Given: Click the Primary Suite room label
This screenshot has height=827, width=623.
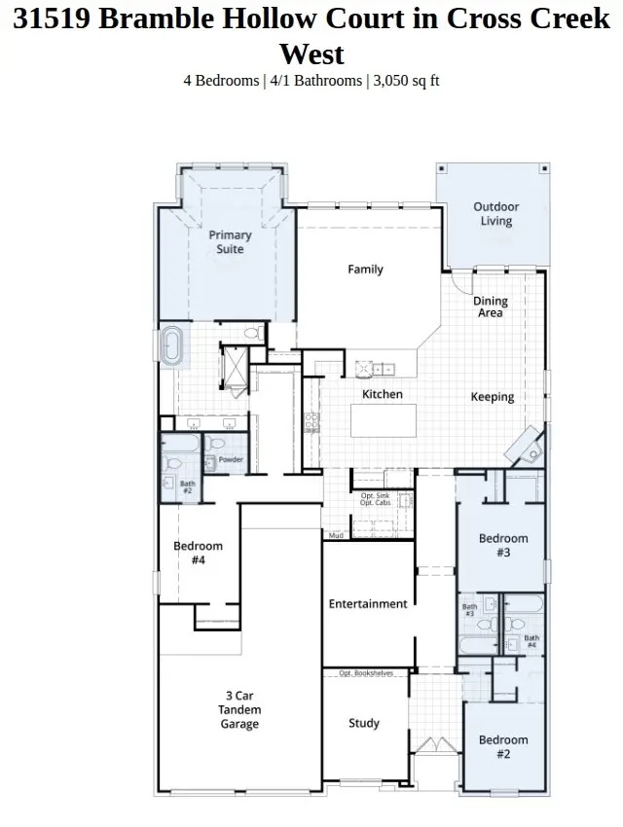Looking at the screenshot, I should point(231,242).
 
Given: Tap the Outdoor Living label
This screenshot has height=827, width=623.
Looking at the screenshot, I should point(496,214).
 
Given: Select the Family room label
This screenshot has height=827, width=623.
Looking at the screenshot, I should point(366,270).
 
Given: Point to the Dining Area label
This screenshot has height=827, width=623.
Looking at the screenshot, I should point(491,307).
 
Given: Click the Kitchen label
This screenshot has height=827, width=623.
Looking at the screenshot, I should point(383,394).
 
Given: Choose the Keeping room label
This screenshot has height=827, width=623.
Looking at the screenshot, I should point(493,397).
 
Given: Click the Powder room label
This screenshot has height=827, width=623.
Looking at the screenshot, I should point(231,460).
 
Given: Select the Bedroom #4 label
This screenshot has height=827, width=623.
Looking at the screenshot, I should point(199,553).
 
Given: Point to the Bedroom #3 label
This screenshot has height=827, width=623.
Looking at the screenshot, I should point(503,545).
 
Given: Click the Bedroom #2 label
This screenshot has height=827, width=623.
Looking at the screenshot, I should point(503,746).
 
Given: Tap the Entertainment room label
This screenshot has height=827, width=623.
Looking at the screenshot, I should point(368,604).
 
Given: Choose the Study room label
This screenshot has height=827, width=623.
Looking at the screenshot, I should point(364,724).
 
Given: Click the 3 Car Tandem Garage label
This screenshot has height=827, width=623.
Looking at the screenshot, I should point(239,709).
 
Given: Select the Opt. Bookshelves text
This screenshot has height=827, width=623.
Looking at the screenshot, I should point(366,672).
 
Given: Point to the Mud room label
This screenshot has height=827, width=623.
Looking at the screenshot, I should point(335,535).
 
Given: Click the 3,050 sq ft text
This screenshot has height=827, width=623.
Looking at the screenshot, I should point(406,81).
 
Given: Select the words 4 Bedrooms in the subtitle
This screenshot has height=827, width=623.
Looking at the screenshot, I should point(221,81).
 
